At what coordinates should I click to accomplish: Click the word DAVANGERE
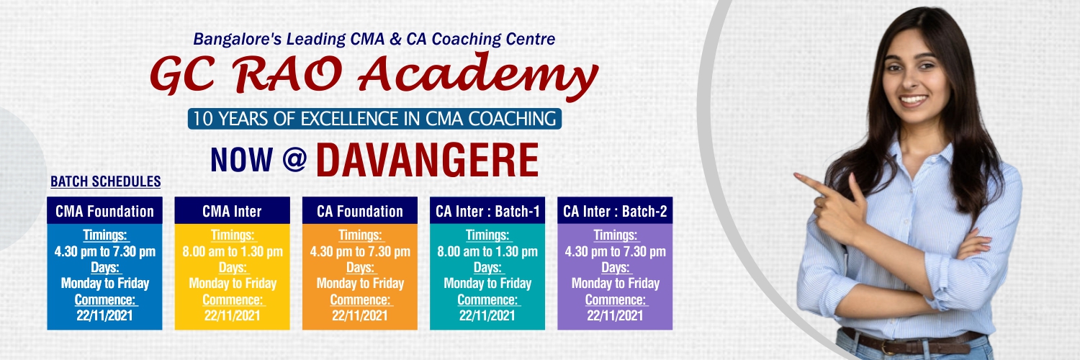(427, 161)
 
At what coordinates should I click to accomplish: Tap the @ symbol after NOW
(295, 160)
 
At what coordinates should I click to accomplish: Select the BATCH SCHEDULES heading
(106, 181)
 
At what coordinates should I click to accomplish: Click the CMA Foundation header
(104, 211)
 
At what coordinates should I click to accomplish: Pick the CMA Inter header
(232, 211)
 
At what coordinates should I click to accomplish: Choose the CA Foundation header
(360, 211)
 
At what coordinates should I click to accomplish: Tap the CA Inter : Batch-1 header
(487, 211)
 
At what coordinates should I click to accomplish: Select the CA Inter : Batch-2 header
(615, 211)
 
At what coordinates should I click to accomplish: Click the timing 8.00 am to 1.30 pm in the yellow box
(233, 251)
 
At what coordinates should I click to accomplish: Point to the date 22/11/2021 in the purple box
(615, 315)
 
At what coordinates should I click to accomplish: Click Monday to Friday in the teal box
(487, 284)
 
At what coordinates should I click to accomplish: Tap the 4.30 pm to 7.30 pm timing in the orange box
(360, 251)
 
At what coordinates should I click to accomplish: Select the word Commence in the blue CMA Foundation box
(104, 300)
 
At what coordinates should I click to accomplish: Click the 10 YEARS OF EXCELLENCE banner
(374, 119)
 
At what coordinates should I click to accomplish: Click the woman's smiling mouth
(913, 100)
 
